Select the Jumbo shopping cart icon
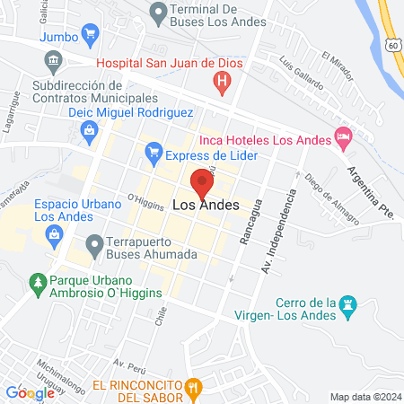[x=90, y=36]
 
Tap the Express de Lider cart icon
[x=153, y=154]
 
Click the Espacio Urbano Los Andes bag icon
[x=55, y=234]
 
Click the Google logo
[x=30, y=392]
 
